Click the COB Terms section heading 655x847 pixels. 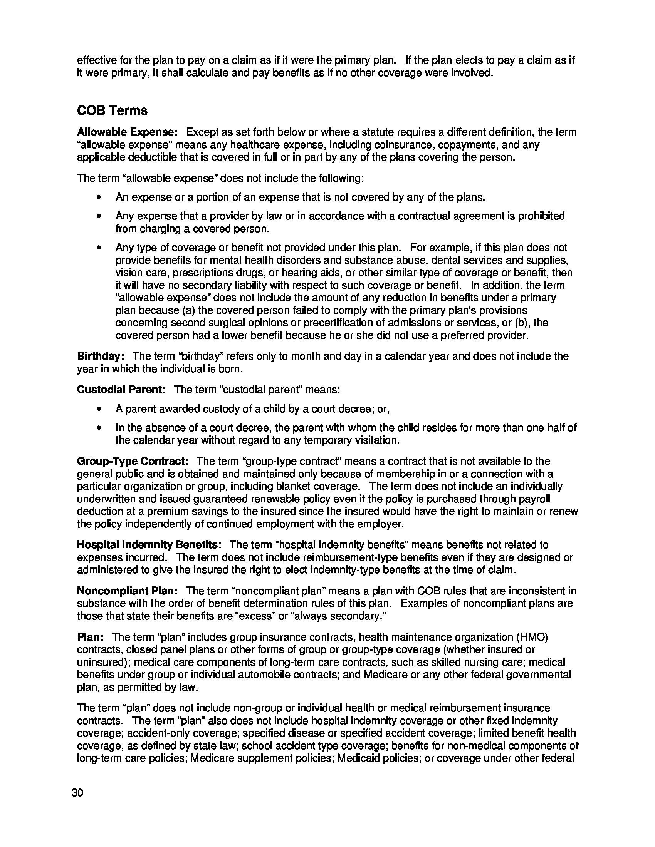(112, 110)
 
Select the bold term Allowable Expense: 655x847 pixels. (127, 132)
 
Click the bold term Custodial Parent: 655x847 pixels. (121, 389)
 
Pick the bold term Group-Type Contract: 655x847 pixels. (133, 461)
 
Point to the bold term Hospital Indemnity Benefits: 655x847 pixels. (149, 545)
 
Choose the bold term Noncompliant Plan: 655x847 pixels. (127, 591)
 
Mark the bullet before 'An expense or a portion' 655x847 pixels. (100, 198)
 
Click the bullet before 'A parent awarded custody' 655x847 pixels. (100, 409)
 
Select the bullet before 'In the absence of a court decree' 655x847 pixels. (100, 428)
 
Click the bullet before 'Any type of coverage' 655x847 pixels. (100, 248)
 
